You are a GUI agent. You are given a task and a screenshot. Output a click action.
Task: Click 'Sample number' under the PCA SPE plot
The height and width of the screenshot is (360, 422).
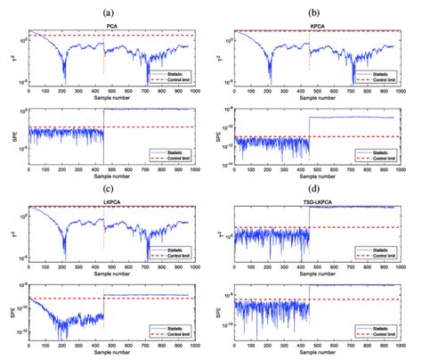111,178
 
